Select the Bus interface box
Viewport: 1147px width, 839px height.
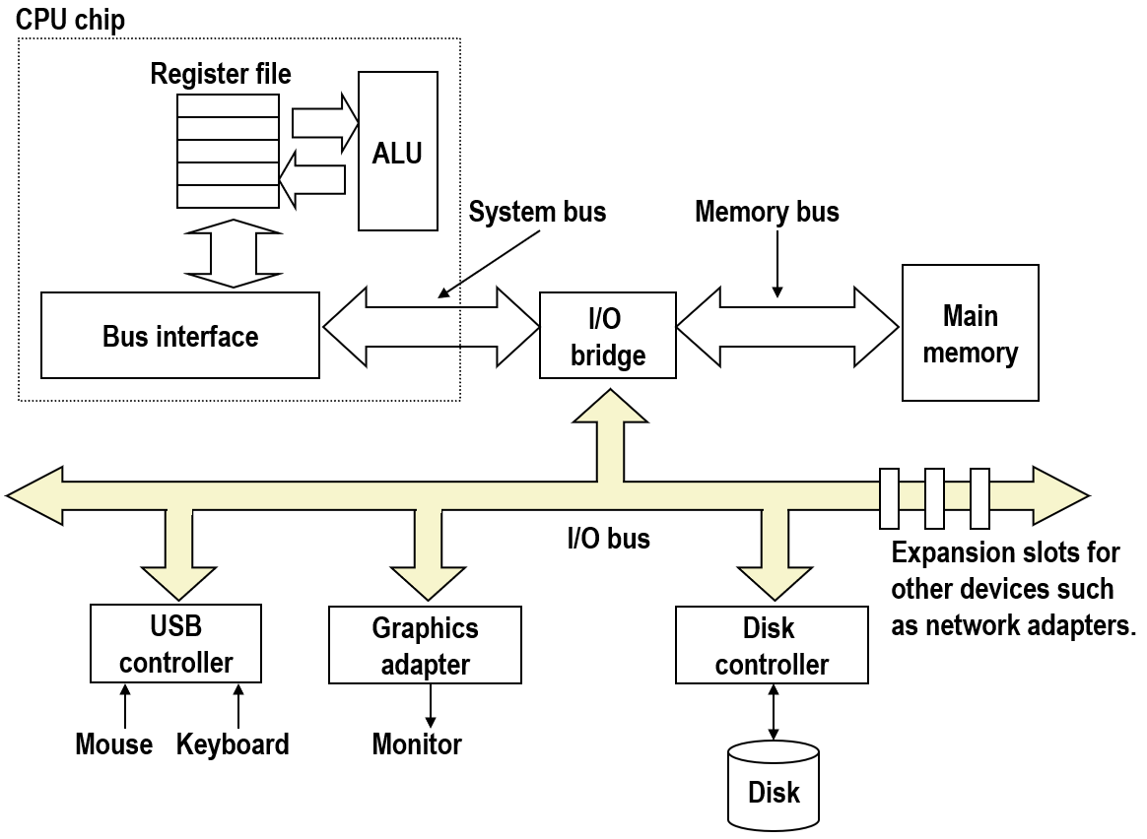coord(180,336)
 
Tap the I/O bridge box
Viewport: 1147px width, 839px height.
coord(608,336)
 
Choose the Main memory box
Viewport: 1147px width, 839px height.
coord(971,333)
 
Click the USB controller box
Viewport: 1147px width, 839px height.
coord(175,644)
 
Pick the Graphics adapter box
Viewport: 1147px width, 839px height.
coord(425,646)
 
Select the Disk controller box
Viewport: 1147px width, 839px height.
coord(772,646)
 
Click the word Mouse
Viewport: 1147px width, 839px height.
coord(114,743)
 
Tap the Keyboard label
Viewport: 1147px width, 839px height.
coord(233,743)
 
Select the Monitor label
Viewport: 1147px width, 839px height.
coord(416,743)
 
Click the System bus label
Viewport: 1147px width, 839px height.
coord(537,212)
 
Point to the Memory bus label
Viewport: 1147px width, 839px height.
coord(767,212)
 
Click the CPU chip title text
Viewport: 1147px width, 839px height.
coord(70,19)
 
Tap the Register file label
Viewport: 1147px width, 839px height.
coord(221,74)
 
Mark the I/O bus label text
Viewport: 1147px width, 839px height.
coord(608,538)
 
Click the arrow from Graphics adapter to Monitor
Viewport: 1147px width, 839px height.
coord(431,705)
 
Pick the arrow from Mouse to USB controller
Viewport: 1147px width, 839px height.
coord(125,705)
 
